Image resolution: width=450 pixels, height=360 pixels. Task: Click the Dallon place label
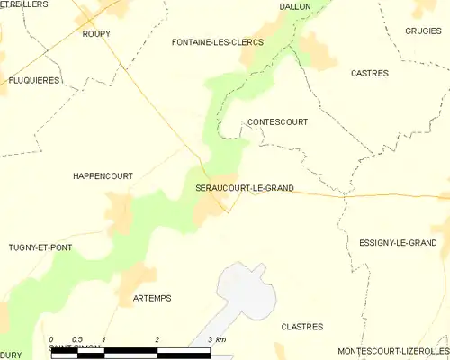pyautogui.click(x=294, y=6)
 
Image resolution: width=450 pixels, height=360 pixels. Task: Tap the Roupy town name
pyautogui.click(x=95, y=33)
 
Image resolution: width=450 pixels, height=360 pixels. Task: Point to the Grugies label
pyautogui.click(x=423, y=31)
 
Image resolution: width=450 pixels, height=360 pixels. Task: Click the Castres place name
pyautogui.click(x=369, y=73)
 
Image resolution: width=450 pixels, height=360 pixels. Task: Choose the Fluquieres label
pyautogui.click(x=34, y=80)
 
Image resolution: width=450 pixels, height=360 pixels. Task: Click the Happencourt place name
pyautogui.click(x=103, y=176)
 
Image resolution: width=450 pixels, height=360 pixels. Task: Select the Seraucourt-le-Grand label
pyautogui.click(x=245, y=188)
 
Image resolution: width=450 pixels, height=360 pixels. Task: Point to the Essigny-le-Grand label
pyautogui.click(x=397, y=243)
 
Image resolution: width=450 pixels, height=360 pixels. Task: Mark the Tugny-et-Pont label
pyautogui.click(x=40, y=247)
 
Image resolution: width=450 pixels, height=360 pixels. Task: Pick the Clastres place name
pyautogui.click(x=302, y=327)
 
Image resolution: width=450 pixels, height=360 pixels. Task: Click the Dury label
pyautogui.click(x=10, y=355)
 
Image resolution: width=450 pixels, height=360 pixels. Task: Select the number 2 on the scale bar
pyautogui.click(x=157, y=339)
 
